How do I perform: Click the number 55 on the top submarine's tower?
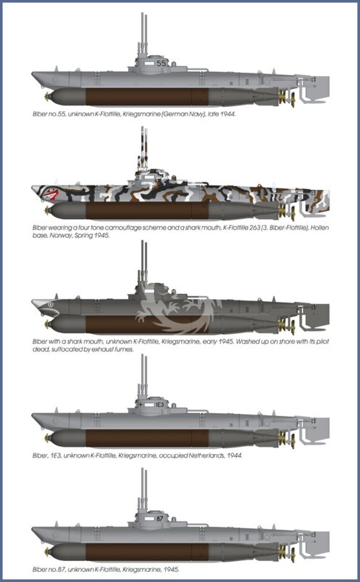point(161,63)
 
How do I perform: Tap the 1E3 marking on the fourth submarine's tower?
point(159,404)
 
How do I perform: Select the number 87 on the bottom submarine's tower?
point(160,518)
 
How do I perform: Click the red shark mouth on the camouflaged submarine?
point(50,194)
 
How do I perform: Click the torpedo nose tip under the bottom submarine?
point(47,552)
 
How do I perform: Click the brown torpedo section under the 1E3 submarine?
point(147,439)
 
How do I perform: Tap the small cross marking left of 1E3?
point(140,404)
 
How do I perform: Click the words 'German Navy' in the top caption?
point(183,114)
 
